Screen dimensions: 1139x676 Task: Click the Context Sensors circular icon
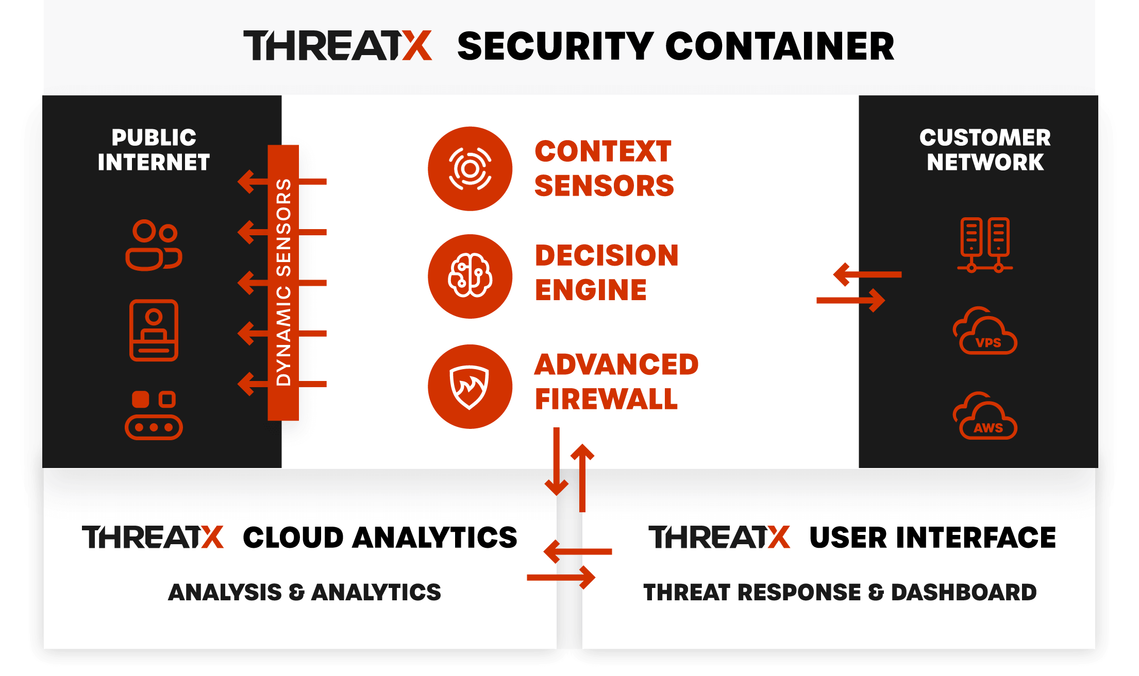(x=470, y=169)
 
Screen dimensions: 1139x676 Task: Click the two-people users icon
(x=154, y=245)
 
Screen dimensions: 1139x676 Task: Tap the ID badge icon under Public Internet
(x=154, y=330)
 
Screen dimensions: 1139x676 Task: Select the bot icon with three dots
(x=154, y=415)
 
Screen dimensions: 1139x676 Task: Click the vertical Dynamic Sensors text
(x=283, y=282)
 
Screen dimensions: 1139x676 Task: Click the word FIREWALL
(x=606, y=399)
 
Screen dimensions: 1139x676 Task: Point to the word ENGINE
(x=591, y=290)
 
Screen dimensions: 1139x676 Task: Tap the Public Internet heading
(x=154, y=150)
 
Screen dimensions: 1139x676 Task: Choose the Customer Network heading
(x=985, y=150)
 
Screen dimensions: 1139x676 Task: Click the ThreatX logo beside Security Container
(x=338, y=46)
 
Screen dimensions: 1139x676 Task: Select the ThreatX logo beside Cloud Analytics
(x=153, y=537)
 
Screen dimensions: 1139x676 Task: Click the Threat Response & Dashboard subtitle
(x=840, y=592)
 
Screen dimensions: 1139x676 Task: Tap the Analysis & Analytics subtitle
(x=305, y=592)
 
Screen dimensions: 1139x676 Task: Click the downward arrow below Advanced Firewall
(x=557, y=461)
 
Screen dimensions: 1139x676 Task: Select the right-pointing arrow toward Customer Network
(x=851, y=301)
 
